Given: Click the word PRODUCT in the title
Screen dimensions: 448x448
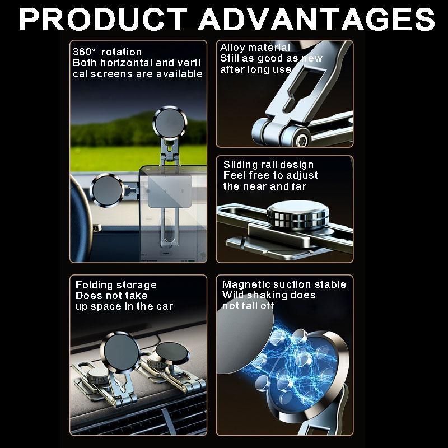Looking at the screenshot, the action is coord(102,19).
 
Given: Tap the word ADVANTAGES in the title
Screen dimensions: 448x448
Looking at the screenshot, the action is coord(317,19).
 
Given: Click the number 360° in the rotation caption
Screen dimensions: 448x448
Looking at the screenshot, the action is coord(83,52).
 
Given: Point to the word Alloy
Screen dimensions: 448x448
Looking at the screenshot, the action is coord(231,48).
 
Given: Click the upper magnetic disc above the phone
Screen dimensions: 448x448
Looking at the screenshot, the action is coord(170,122).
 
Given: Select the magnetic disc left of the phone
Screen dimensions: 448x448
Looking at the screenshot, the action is coord(107,190).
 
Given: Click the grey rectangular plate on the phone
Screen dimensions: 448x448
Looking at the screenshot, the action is coord(170,192).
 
